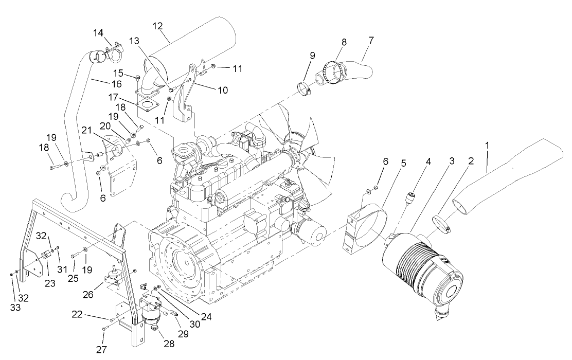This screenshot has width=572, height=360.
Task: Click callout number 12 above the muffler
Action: click(157, 26)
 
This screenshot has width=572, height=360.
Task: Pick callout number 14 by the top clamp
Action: click(98, 33)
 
